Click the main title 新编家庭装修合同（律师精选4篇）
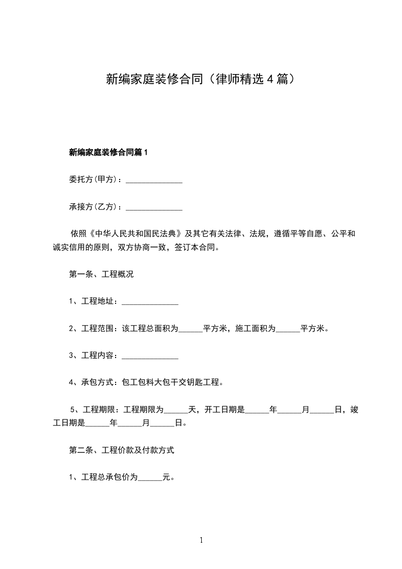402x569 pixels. point(201,79)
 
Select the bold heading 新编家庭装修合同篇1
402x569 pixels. point(107,152)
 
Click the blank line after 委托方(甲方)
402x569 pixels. point(154,180)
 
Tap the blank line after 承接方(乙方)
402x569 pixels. point(154,207)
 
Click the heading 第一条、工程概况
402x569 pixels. point(101,274)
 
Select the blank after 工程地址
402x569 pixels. point(150,302)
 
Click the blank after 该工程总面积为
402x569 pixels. point(191,329)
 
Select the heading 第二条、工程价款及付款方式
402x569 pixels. point(122,450)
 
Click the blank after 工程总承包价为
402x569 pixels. point(150,478)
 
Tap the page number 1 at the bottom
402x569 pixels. point(201,541)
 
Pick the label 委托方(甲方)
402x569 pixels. point(94,180)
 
